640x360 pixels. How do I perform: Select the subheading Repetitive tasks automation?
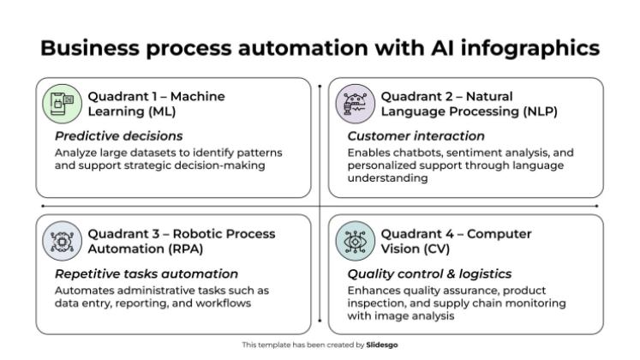coord(147,273)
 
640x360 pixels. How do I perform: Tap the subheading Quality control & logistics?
coord(429,273)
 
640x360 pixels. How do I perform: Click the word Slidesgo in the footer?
coord(382,345)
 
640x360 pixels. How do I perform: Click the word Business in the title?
coord(89,48)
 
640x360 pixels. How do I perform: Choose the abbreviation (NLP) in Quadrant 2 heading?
coord(517,111)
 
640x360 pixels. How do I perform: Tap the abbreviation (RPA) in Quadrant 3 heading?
coord(168,249)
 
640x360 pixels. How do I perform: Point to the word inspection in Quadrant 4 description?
coord(375,303)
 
